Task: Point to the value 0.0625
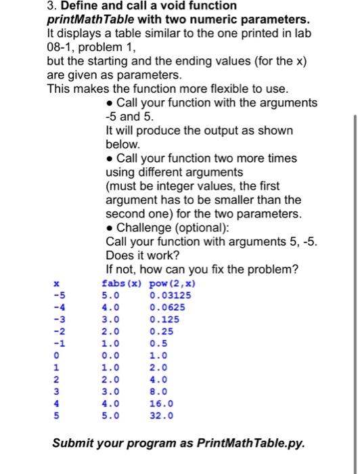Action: (x=166, y=307)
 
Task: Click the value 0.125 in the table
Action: (x=163, y=319)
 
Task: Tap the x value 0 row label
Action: (x=58, y=355)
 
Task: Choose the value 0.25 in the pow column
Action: (x=160, y=331)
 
